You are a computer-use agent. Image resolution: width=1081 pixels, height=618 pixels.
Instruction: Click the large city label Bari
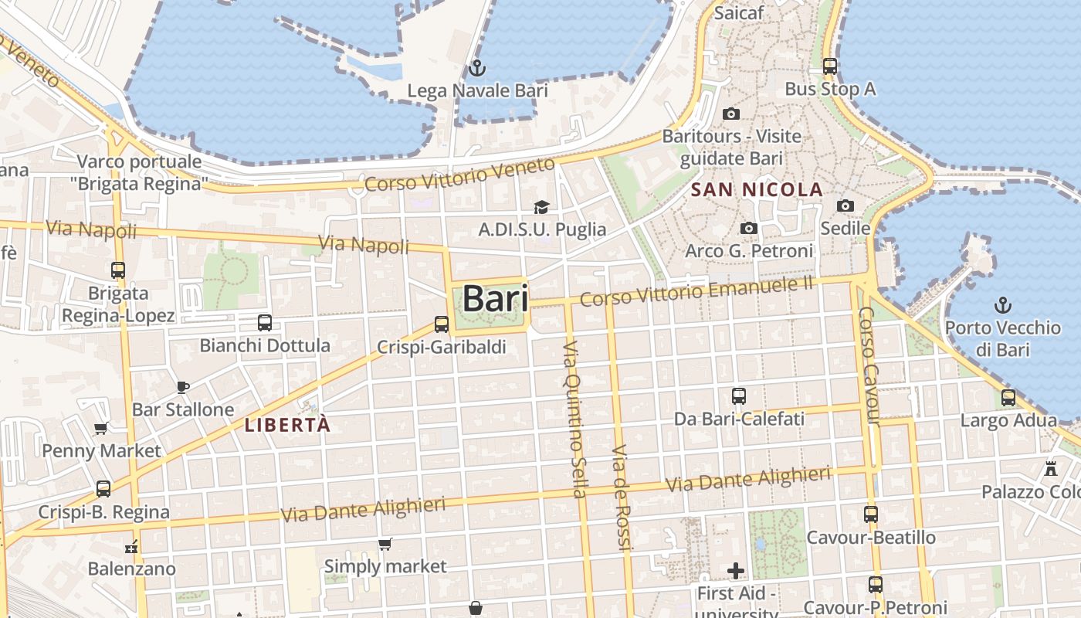pyautogui.click(x=495, y=299)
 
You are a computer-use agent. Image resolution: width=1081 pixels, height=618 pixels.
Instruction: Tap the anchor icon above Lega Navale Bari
pyautogui.click(x=476, y=67)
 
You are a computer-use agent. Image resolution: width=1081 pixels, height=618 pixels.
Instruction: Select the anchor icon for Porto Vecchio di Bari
pyautogui.click(x=1002, y=304)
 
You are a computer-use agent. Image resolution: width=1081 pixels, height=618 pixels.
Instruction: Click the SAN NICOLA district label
pyautogui.click(x=757, y=189)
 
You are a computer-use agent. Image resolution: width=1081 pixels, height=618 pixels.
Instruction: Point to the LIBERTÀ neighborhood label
pyautogui.click(x=287, y=425)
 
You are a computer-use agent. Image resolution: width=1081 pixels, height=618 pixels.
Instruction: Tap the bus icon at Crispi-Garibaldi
pyautogui.click(x=441, y=324)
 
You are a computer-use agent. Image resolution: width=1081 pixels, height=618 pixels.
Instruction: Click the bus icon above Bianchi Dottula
pyautogui.click(x=265, y=322)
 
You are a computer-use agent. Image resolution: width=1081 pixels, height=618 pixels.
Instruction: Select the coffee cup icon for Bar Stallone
pyautogui.click(x=182, y=387)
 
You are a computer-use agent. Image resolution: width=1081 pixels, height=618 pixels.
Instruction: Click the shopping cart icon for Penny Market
pyautogui.click(x=100, y=428)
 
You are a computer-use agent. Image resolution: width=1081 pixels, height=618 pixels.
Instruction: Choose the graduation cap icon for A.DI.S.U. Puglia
pyautogui.click(x=541, y=207)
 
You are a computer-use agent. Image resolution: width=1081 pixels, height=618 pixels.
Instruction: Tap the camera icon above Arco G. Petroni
pyautogui.click(x=748, y=228)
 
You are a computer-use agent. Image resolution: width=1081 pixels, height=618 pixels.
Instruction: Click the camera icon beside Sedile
pyautogui.click(x=845, y=205)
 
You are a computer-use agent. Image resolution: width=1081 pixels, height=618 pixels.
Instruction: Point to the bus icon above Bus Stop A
pyautogui.click(x=830, y=66)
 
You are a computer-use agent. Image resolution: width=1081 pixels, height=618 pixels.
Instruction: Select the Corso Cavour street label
pyautogui.click(x=869, y=365)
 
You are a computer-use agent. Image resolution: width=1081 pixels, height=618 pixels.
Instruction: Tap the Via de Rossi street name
pyautogui.click(x=622, y=497)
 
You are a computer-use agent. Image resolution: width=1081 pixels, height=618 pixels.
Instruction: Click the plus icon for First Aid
pyautogui.click(x=736, y=571)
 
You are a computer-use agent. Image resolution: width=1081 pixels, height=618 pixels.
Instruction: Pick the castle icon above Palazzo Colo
pyautogui.click(x=1050, y=468)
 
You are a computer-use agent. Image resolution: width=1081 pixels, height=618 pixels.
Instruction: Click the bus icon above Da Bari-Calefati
pyautogui.click(x=739, y=396)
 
